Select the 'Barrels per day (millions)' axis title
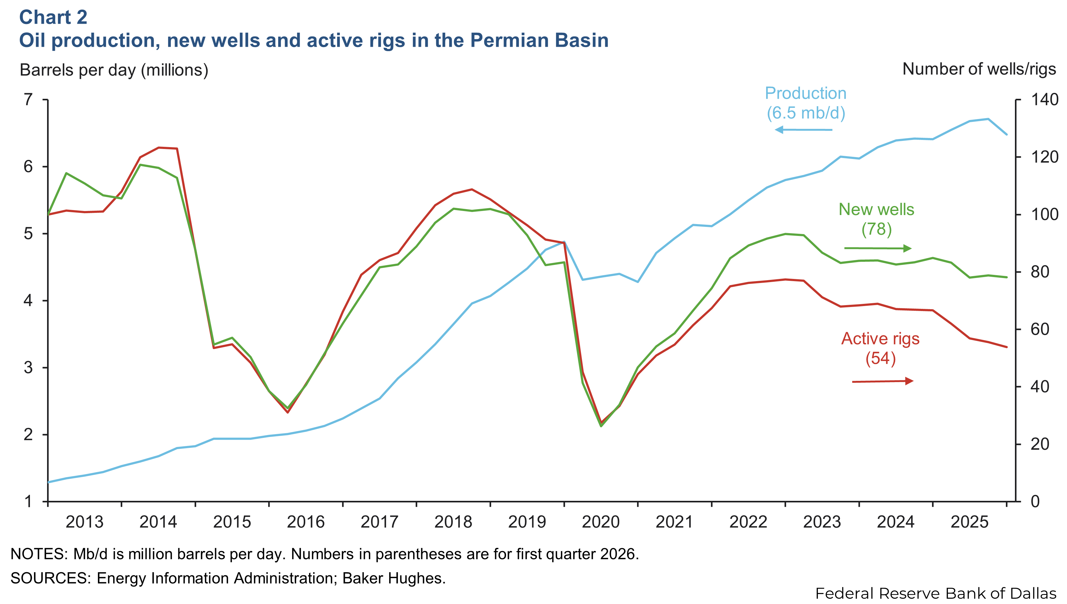(x=114, y=70)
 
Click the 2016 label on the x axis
(x=306, y=522)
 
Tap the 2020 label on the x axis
(x=601, y=522)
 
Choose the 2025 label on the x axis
(x=969, y=522)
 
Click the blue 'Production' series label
(x=805, y=93)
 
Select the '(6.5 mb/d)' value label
(x=805, y=113)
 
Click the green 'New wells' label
(x=876, y=209)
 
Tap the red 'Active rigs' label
(x=880, y=339)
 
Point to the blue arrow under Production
(x=804, y=130)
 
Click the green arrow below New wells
(x=878, y=248)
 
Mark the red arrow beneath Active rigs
(x=882, y=381)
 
